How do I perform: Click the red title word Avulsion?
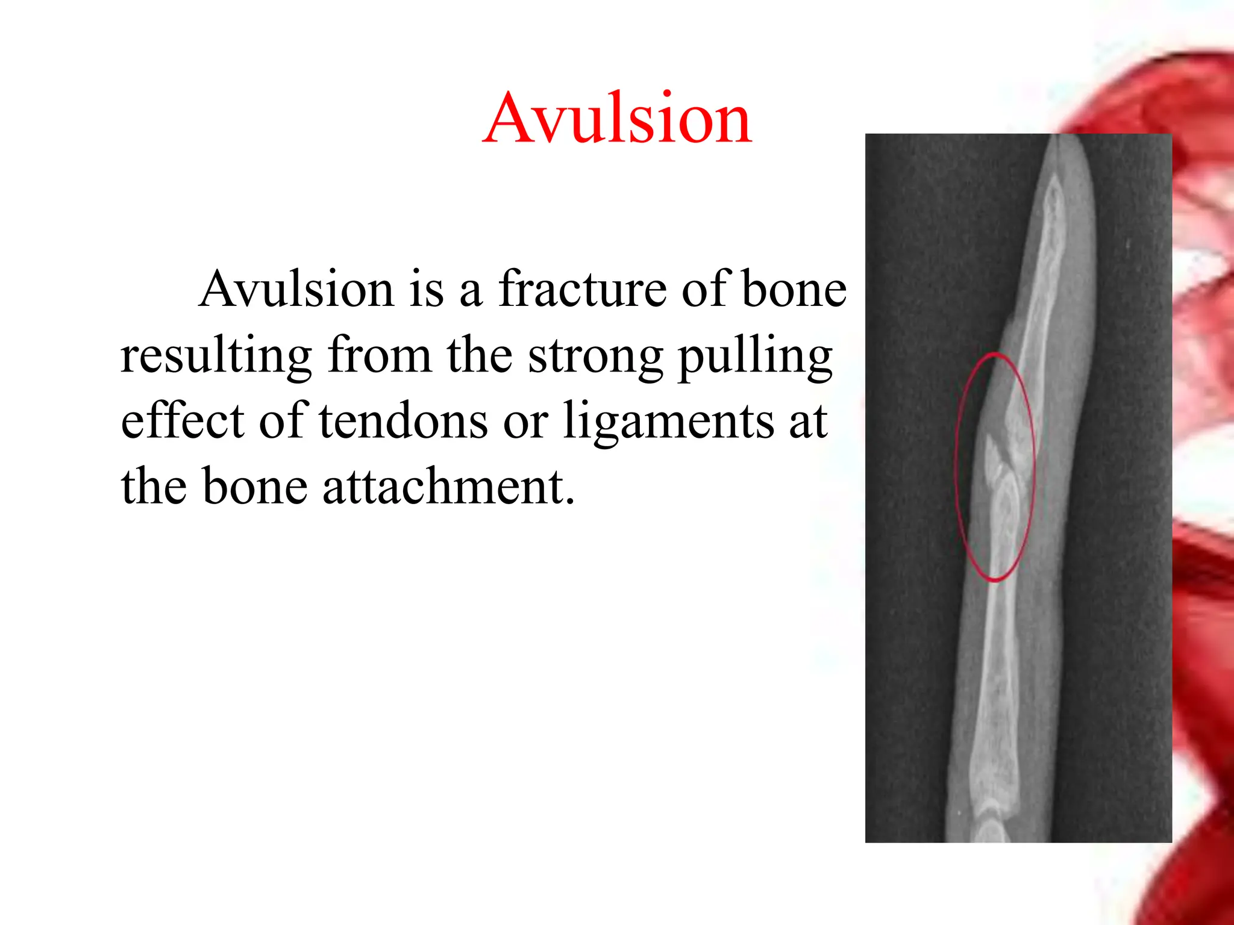pyautogui.click(x=617, y=118)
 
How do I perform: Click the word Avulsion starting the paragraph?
pyautogui.click(x=296, y=290)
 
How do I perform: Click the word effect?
pyautogui.click(x=182, y=421)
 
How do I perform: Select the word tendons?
pyautogui.click(x=403, y=421)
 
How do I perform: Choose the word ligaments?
pyautogui.click(x=668, y=421)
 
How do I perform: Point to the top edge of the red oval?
pyautogui.click(x=995, y=354)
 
